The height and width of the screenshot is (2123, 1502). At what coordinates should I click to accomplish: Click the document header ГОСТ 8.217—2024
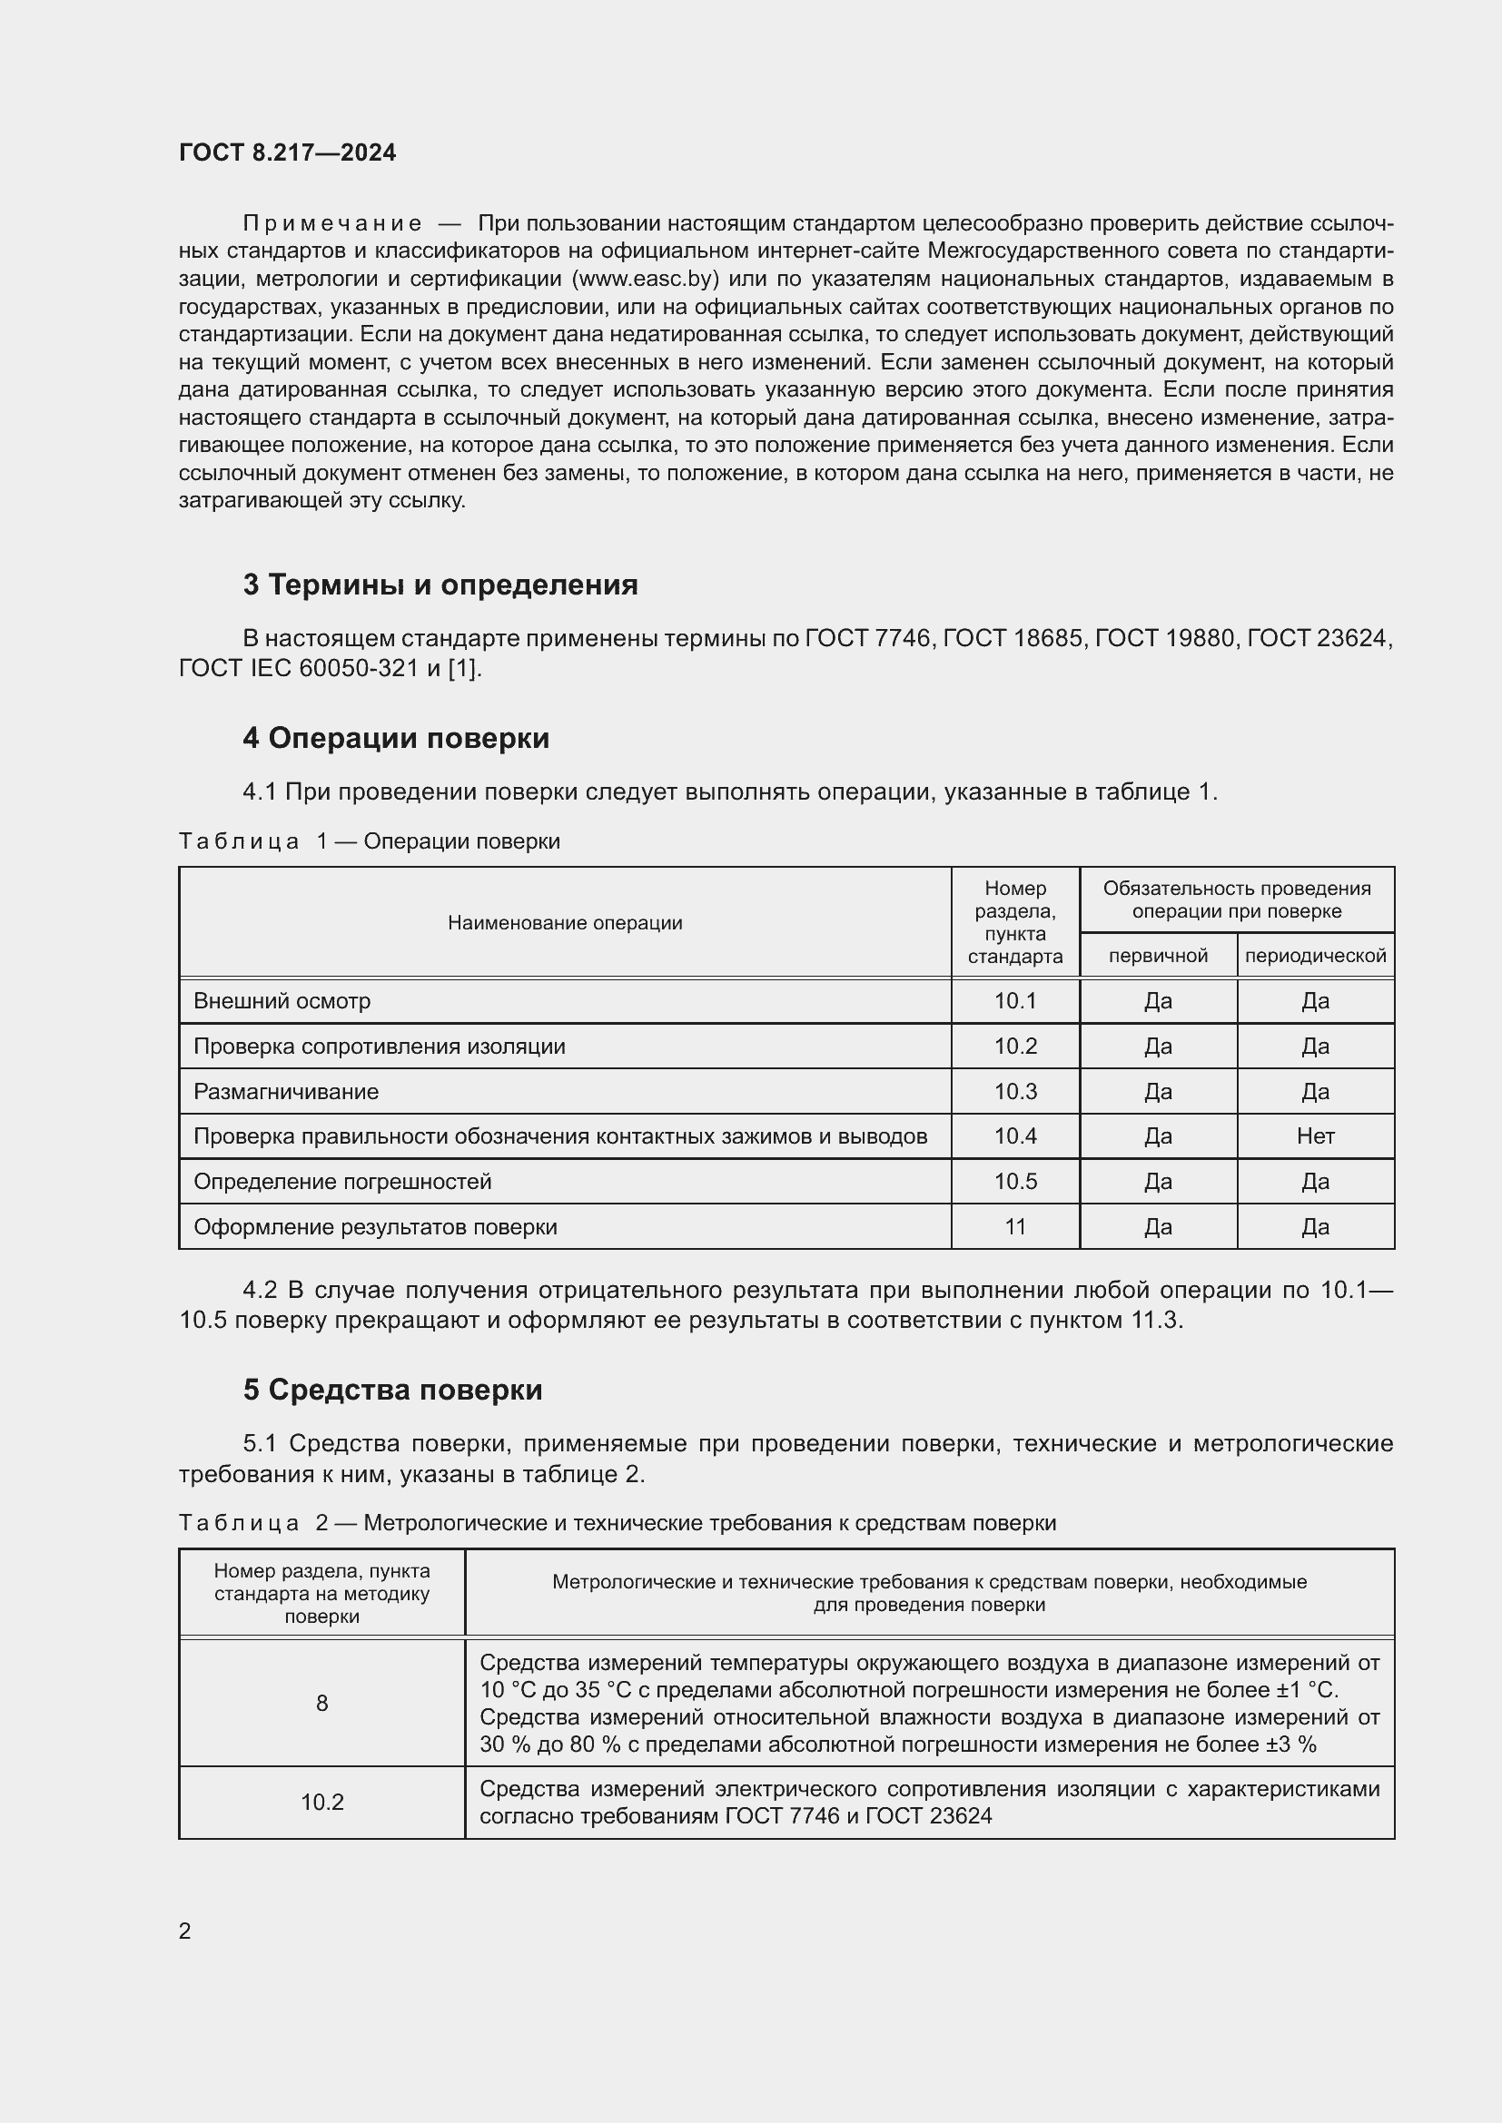[287, 152]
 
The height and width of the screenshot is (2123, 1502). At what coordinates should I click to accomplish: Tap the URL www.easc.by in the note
[646, 280]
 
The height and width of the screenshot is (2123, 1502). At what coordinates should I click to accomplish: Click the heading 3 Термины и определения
[440, 585]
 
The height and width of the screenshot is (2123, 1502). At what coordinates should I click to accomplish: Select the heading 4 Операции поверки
[396, 738]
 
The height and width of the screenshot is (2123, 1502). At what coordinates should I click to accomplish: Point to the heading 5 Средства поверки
[392, 1390]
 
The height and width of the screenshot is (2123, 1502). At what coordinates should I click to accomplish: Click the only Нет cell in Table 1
[1314, 1136]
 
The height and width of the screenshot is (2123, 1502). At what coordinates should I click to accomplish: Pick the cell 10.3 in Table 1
[1014, 1091]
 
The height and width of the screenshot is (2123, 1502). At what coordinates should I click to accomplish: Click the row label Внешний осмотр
[282, 1000]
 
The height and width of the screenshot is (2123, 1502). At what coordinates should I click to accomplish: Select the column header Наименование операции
[564, 922]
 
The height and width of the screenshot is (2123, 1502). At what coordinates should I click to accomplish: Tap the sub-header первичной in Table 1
[1158, 955]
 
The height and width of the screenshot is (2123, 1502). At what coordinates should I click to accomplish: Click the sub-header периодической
[1314, 955]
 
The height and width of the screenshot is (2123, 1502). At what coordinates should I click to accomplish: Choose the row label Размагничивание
[286, 1091]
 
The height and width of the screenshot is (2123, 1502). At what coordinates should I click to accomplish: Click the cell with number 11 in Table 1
[1014, 1227]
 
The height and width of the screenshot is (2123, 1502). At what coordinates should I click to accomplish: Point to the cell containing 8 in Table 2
[321, 1703]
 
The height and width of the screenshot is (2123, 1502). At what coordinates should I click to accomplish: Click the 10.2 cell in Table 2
[321, 1803]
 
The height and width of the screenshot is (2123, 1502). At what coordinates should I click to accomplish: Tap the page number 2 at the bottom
[185, 1931]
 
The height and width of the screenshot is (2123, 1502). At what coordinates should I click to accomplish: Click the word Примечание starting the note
[332, 224]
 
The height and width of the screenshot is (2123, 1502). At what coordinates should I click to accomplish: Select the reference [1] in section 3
[461, 668]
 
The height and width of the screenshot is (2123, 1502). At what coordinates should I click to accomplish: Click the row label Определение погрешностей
[342, 1182]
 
